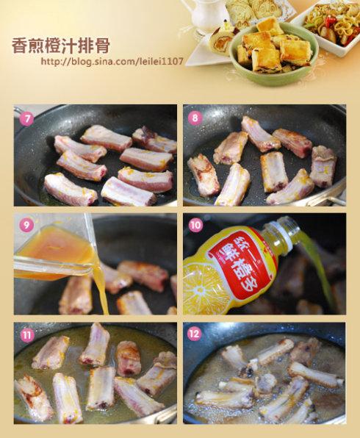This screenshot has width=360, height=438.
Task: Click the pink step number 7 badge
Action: pos(26,119)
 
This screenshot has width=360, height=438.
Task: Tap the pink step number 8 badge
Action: pos(195,118)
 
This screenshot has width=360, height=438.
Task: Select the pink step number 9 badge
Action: pos(26,225)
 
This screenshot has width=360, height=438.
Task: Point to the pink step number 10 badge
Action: pos(195,225)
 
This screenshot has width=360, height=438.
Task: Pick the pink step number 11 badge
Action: pos(26,335)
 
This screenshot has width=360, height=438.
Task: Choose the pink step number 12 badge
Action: pos(195,334)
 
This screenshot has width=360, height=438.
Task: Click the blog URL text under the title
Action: pos(112,61)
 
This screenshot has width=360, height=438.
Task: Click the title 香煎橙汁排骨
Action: pos(60,46)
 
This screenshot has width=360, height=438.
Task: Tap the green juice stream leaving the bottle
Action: pos(318,268)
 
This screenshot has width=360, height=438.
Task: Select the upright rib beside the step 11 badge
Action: pos(94,345)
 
